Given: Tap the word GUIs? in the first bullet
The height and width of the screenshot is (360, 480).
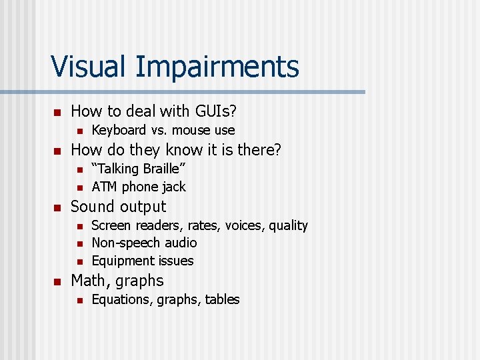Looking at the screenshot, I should point(211,111).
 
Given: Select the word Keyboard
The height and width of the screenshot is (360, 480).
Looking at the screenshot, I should point(119,130).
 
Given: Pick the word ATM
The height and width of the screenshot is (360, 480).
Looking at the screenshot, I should point(105,187).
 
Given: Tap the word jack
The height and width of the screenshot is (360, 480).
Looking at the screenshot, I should point(173,187).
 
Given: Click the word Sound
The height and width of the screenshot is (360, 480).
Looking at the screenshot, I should point(93,207).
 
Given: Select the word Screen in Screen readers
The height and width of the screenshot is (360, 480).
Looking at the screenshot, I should point(111,225).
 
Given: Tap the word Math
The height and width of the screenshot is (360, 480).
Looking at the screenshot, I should point(90,281).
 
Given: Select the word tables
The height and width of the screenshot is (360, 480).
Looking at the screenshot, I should point(222,299).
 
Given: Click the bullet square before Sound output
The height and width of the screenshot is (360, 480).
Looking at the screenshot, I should point(57,207).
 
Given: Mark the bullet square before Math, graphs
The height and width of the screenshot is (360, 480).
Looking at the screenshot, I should point(57,281).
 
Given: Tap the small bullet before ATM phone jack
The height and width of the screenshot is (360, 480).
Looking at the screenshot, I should point(79,187).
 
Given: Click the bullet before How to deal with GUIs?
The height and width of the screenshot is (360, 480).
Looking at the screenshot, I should point(57,111).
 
